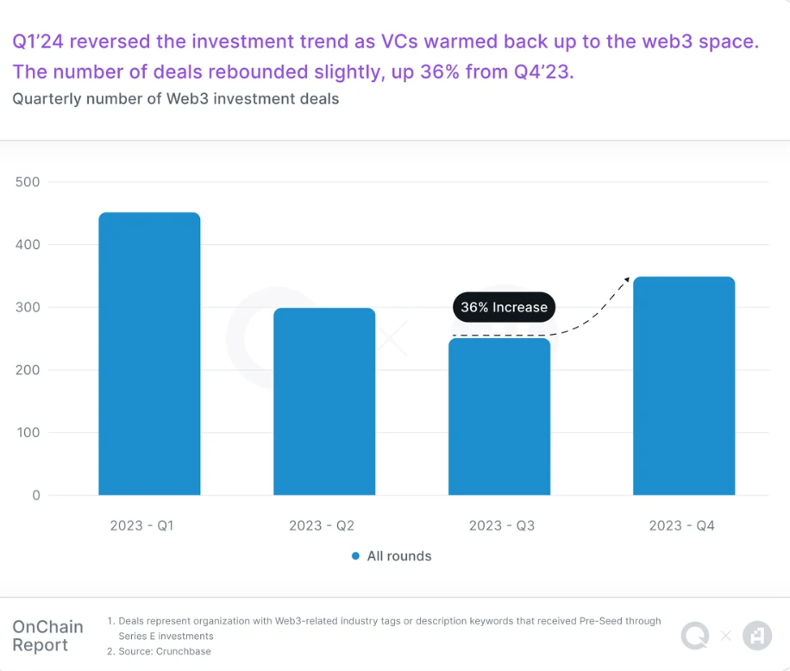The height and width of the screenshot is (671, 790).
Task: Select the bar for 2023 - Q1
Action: [x=149, y=354]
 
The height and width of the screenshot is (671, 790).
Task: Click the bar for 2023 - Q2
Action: [x=324, y=401]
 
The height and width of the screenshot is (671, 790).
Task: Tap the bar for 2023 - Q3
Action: [x=499, y=417]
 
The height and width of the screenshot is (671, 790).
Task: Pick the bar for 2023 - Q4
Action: [x=684, y=386]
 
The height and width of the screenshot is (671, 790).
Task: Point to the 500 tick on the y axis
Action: [x=28, y=182]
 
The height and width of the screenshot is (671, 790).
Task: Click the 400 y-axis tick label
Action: [x=28, y=245]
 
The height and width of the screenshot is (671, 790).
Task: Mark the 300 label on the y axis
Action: [x=28, y=307]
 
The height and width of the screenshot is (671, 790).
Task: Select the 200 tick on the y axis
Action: [x=28, y=370]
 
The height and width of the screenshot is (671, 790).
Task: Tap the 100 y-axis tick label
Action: [x=28, y=432]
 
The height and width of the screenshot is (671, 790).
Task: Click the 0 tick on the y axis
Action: [x=35, y=495]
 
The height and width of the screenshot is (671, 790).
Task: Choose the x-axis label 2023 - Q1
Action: [x=141, y=525]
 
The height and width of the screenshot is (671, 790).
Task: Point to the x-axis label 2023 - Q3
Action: [x=501, y=525]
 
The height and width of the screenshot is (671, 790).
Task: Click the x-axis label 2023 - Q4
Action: [x=681, y=525]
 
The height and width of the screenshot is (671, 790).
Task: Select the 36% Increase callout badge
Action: [x=504, y=307]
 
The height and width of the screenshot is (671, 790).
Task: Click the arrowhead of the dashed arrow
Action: [x=626, y=279]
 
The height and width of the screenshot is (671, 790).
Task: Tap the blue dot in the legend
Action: [x=355, y=556]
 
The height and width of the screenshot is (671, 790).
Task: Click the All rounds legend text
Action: [x=398, y=556]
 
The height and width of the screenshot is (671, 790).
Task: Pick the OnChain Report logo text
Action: [x=47, y=636]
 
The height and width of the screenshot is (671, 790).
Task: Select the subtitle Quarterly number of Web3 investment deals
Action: [x=176, y=99]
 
